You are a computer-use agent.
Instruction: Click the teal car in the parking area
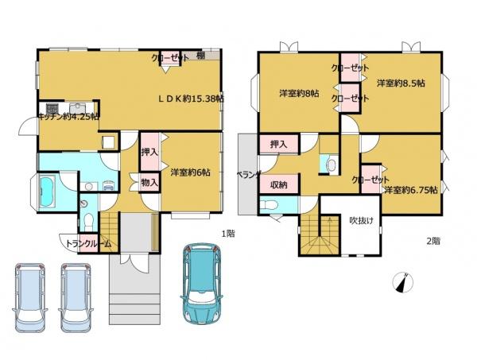click(202, 285)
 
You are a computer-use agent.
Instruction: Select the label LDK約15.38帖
click(191, 99)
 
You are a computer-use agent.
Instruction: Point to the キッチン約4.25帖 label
click(68, 117)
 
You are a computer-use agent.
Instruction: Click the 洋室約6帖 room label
click(190, 172)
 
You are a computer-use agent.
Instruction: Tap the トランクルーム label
click(88, 243)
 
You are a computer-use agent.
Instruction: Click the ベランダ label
click(249, 175)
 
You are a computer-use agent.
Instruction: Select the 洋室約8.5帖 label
click(401, 83)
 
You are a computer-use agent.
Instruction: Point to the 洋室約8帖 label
click(300, 93)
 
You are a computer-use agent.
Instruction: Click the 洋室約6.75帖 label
click(411, 190)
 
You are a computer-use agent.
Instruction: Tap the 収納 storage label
click(279, 184)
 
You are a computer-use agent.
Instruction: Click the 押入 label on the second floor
click(279, 144)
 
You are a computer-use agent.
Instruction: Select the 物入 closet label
click(149, 183)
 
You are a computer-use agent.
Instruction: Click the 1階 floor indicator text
click(228, 234)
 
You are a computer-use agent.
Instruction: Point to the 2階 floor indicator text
click(433, 241)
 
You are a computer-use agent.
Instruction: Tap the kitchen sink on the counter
click(79, 108)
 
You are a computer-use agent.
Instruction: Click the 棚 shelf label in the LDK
click(200, 56)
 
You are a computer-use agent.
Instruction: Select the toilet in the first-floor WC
click(88, 219)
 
